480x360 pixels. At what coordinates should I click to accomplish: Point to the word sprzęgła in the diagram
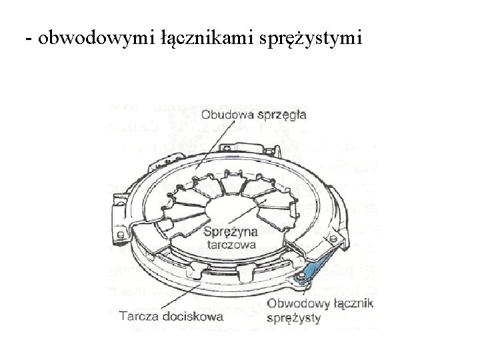(x=281, y=114)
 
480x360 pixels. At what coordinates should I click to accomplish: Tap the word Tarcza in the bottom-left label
(x=138, y=317)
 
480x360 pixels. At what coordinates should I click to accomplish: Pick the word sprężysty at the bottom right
(x=293, y=318)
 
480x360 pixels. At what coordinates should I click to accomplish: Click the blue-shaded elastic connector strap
(x=313, y=267)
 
